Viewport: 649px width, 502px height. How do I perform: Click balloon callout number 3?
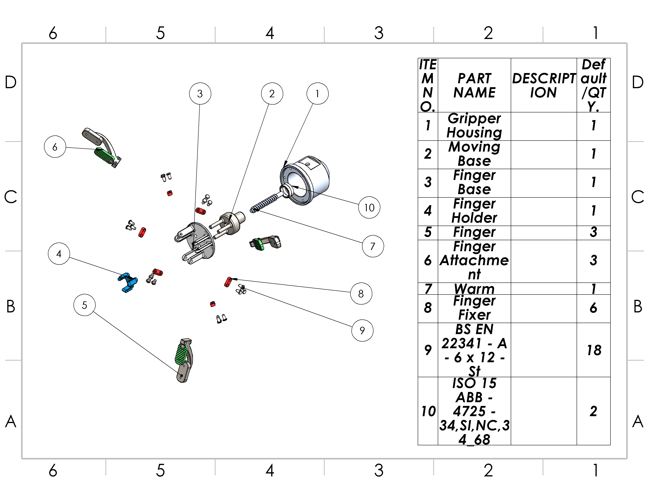click(x=200, y=94)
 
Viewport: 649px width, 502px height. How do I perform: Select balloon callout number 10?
click(x=369, y=207)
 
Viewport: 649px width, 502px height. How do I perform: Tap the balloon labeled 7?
click(x=373, y=246)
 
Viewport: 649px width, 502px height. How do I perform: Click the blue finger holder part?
click(x=128, y=282)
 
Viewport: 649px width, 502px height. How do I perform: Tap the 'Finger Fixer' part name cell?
click(x=474, y=308)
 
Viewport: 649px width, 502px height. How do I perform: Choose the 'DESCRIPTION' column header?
click(x=544, y=85)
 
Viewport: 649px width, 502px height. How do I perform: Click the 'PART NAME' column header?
click(x=474, y=85)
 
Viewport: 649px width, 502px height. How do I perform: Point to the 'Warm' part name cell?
click(x=474, y=288)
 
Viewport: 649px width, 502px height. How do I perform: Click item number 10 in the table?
click(x=428, y=411)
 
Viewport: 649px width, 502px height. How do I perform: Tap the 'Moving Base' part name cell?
click(x=474, y=154)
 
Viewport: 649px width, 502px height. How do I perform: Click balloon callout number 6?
click(x=55, y=147)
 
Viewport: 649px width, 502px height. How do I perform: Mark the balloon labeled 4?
click(x=59, y=254)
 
